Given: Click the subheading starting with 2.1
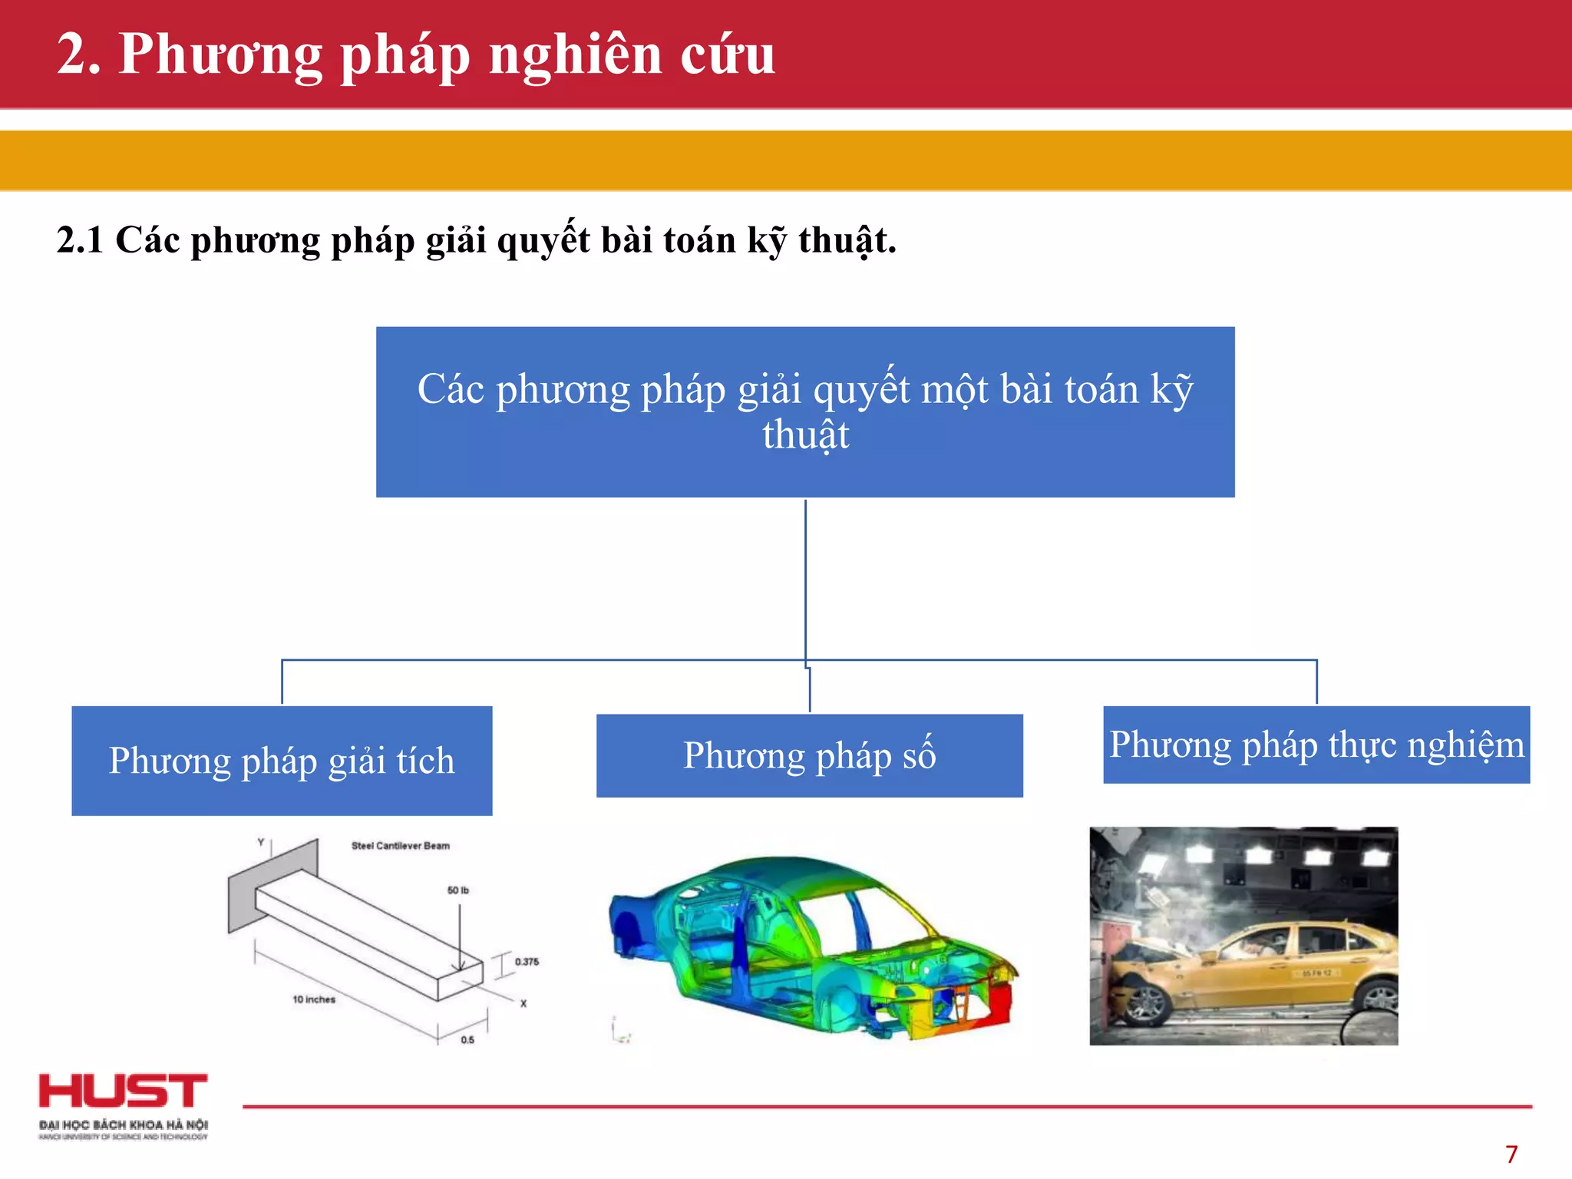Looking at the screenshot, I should click(x=476, y=240).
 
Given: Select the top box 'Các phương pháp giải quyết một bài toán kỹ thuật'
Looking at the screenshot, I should click(x=805, y=412).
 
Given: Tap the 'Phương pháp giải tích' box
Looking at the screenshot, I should click(x=282, y=761).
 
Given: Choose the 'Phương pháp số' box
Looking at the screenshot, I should click(x=809, y=756).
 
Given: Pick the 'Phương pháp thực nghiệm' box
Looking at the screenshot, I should click(x=1316, y=745).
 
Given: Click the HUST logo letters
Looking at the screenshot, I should click(x=123, y=1091).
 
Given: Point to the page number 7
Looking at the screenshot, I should click(x=1511, y=1154).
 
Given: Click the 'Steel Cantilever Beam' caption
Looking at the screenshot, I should click(x=400, y=846).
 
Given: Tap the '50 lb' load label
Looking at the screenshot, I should click(x=457, y=890).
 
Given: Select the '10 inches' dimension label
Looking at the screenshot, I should click(x=314, y=999).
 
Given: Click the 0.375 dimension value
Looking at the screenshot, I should click(x=527, y=962).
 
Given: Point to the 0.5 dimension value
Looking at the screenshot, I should click(x=467, y=1040).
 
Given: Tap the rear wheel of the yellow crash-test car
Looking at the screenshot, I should click(x=1378, y=998).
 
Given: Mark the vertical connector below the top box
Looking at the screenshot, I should click(x=805, y=580).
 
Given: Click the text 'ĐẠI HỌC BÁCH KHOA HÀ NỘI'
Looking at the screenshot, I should click(x=124, y=1125).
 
